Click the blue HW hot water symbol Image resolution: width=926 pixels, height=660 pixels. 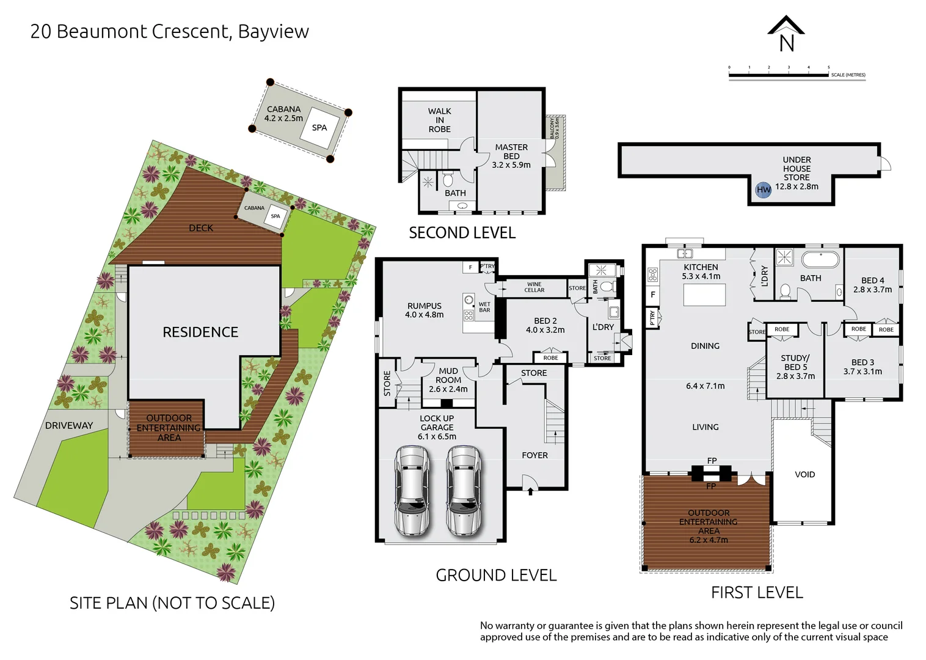click(x=764, y=189)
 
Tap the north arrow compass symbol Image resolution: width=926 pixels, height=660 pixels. click(x=786, y=34)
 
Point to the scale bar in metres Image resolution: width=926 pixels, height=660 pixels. click(x=779, y=75)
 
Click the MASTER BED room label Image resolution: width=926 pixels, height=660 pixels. click(x=511, y=156)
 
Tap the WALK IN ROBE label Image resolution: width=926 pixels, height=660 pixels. click(x=439, y=120)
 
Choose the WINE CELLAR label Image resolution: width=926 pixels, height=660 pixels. click(x=534, y=287)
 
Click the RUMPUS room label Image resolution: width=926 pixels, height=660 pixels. click(x=424, y=310)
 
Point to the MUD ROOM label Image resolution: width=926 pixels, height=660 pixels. click(x=448, y=380)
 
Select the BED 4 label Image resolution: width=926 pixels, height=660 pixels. click(x=872, y=285)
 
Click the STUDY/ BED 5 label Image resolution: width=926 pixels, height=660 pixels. click(x=795, y=367)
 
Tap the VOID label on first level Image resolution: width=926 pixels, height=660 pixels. click(x=804, y=474)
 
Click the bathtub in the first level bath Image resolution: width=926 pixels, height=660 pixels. click(x=820, y=259)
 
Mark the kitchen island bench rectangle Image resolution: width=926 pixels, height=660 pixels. click(x=704, y=295)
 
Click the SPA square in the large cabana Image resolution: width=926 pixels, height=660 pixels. click(x=319, y=127)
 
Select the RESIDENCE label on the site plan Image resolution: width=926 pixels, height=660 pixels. click(x=200, y=332)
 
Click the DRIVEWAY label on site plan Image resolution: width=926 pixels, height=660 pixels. click(x=69, y=425)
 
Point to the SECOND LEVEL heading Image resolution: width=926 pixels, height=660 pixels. click(x=462, y=233)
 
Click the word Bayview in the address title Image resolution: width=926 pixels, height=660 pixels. click(x=273, y=31)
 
